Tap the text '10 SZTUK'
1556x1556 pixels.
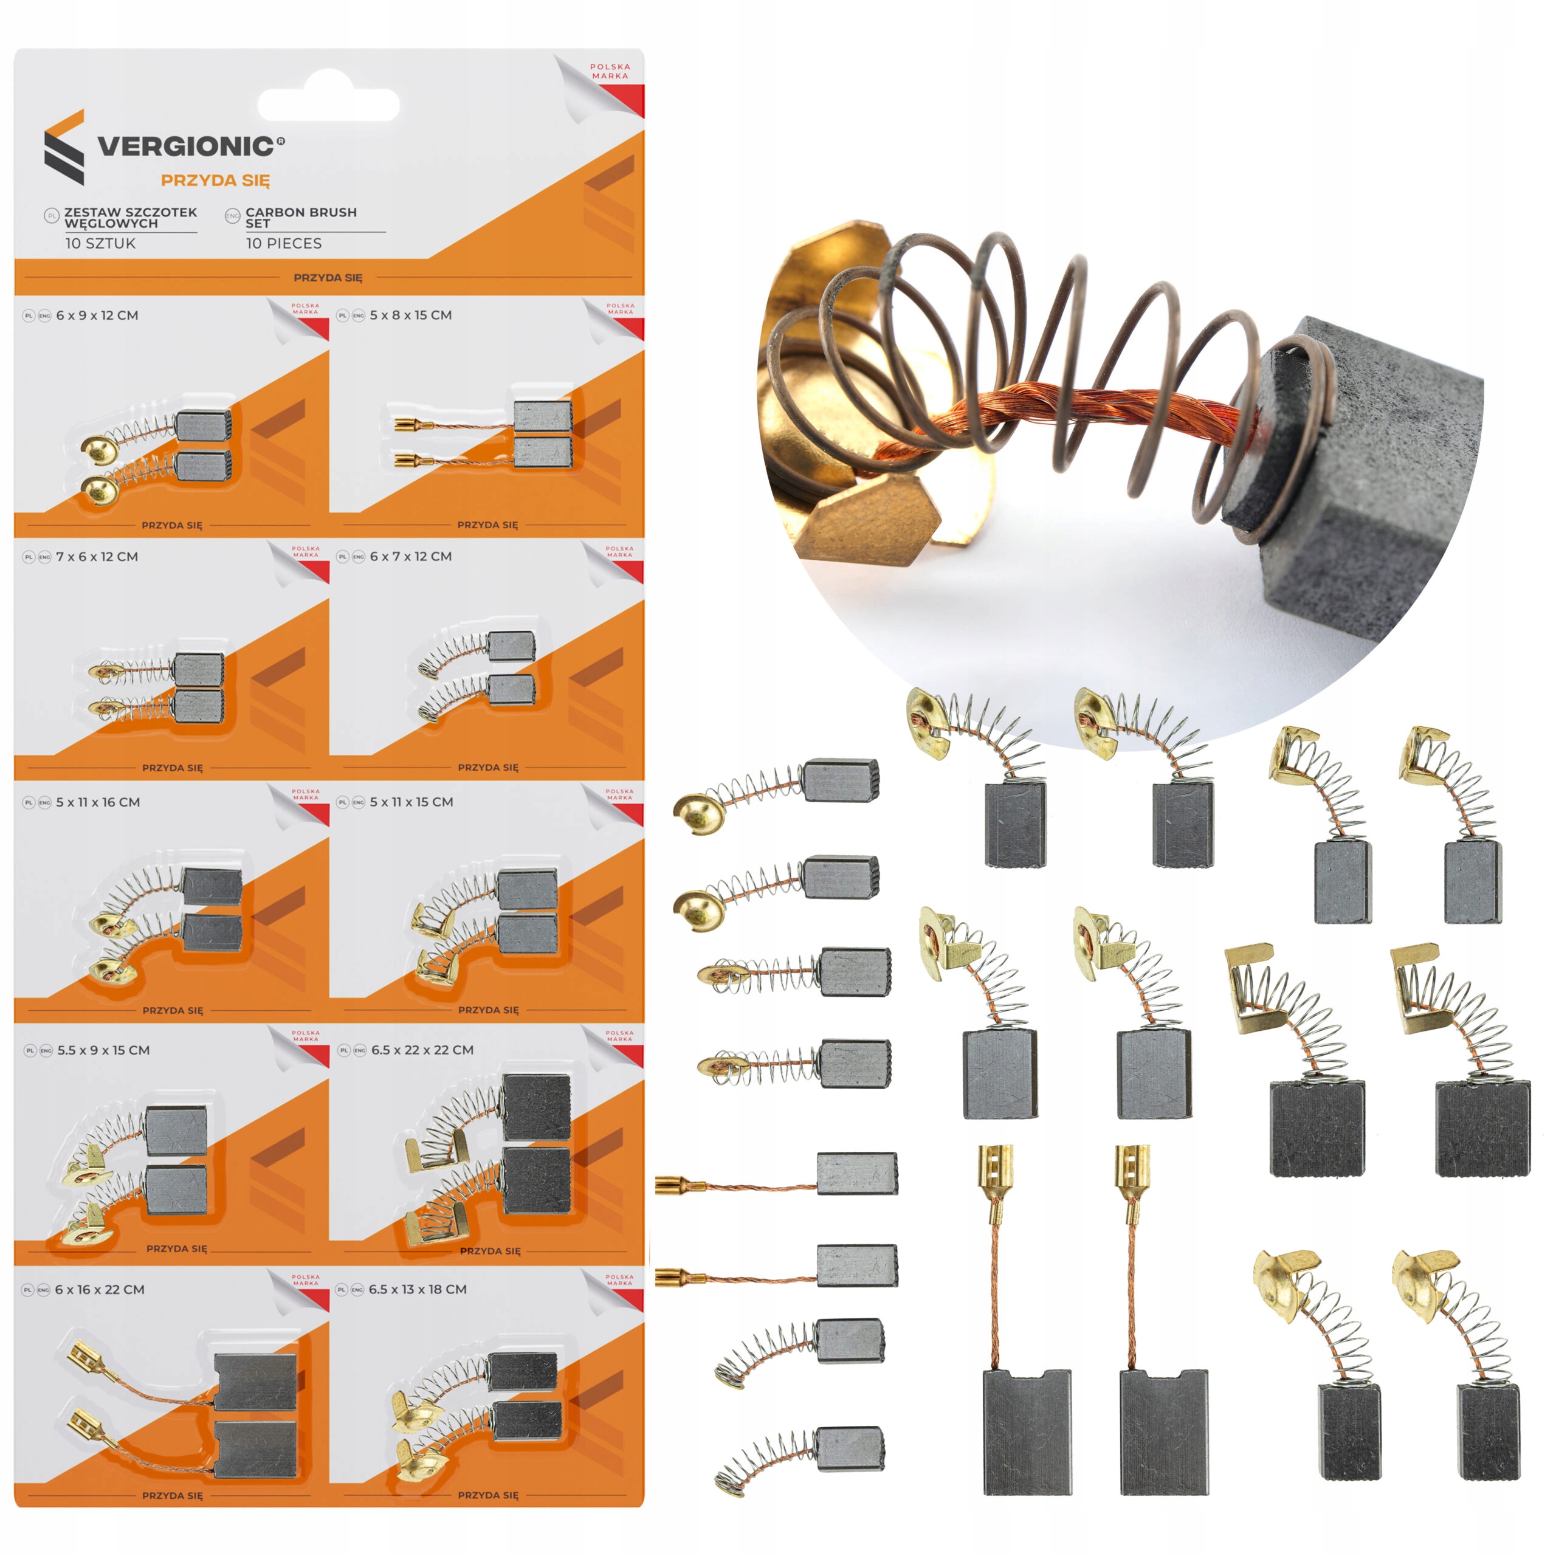[101, 243]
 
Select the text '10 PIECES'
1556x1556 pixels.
[283, 243]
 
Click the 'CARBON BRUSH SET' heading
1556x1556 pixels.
[300, 218]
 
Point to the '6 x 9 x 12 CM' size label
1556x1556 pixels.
[97, 315]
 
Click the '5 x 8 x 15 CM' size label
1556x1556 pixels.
[411, 315]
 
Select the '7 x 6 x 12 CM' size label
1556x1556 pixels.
[97, 557]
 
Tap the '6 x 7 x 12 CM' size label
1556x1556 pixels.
[411, 557]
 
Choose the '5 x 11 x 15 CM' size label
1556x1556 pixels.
[411, 802]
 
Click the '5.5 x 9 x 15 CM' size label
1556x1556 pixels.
[103, 1050]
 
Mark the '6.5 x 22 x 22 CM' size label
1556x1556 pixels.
[422, 1050]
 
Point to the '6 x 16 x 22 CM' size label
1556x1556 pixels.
[100, 1289]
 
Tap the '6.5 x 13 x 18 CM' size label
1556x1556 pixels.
[418, 1289]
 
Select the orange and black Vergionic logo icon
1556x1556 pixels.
[64, 146]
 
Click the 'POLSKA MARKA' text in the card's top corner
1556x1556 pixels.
[610, 72]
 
